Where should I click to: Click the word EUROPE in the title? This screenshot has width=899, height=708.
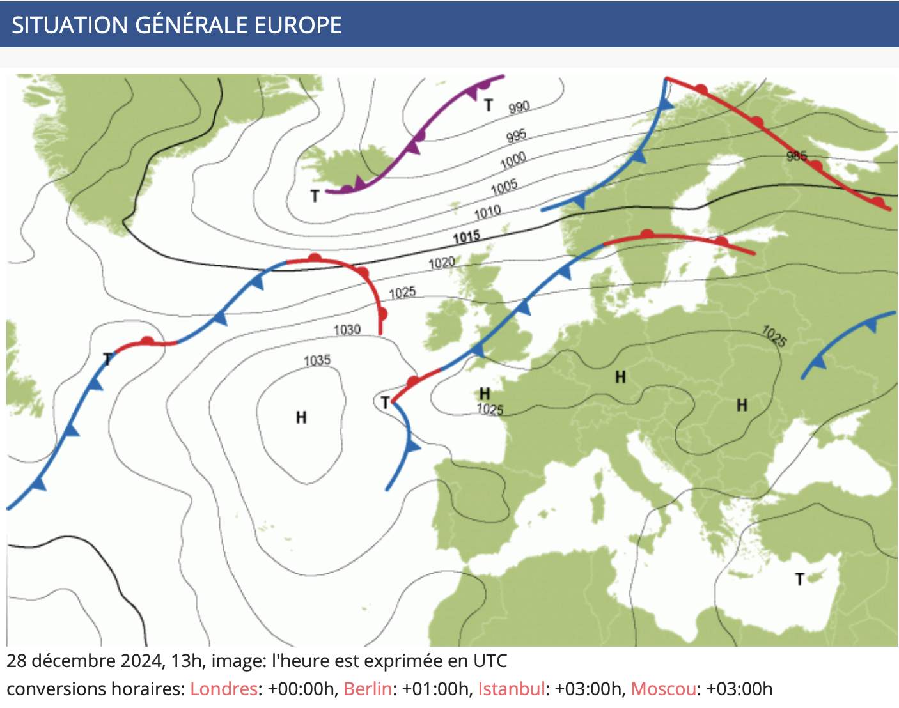(298, 25)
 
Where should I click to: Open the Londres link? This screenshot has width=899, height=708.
(224, 689)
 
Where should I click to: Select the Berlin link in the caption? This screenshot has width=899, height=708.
(368, 689)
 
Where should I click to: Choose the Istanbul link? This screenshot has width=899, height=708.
(512, 689)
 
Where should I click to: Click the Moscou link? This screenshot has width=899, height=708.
(663, 689)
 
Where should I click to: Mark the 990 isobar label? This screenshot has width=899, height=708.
(519, 107)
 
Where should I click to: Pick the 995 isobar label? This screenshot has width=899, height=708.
(516, 135)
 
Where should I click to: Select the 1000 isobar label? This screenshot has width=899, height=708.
(513, 159)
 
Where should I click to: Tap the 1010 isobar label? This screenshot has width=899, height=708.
(487, 212)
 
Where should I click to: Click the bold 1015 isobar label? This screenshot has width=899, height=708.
(466, 237)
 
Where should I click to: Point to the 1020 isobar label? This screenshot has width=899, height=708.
(441, 263)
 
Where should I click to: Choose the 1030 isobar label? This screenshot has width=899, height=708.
(347, 330)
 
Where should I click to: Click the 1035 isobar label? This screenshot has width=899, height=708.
(317, 360)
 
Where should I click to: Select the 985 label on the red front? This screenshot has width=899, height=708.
(797, 156)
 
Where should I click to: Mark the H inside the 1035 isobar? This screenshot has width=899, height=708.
(301, 418)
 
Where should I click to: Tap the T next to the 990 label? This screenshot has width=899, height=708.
(489, 105)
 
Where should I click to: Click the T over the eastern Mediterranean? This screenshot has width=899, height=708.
(799, 580)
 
